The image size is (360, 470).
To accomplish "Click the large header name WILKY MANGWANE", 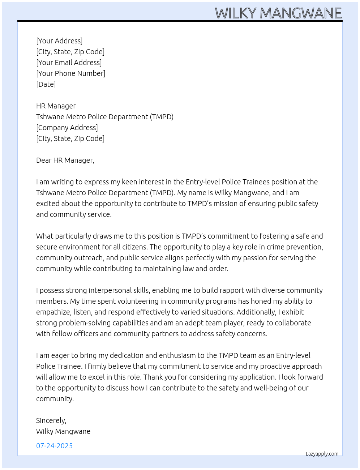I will pyautogui.click(x=278, y=13).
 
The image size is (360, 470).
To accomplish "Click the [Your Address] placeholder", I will pyautogui.click(x=59, y=41).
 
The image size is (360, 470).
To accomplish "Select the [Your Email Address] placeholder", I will pyautogui.click(x=69, y=63).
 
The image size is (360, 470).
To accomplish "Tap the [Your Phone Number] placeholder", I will pyautogui.click(x=71, y=73).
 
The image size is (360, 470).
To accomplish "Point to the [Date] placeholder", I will pyautogui.click(x=46, y=84).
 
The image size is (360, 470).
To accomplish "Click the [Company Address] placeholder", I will pyautogui.click(x=67, y=128).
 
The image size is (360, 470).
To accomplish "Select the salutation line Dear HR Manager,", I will pyautogui.click(x=65, y=160).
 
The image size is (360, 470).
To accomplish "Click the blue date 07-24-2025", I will pyautogui.click(x=54, y=446).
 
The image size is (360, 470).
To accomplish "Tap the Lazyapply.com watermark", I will pyautogui.click(x=322, y=454).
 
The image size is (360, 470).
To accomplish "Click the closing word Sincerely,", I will pyautogui.click(x=51, y=420).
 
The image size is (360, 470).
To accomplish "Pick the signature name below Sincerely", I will pyautogui.click(x=63, y=431).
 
